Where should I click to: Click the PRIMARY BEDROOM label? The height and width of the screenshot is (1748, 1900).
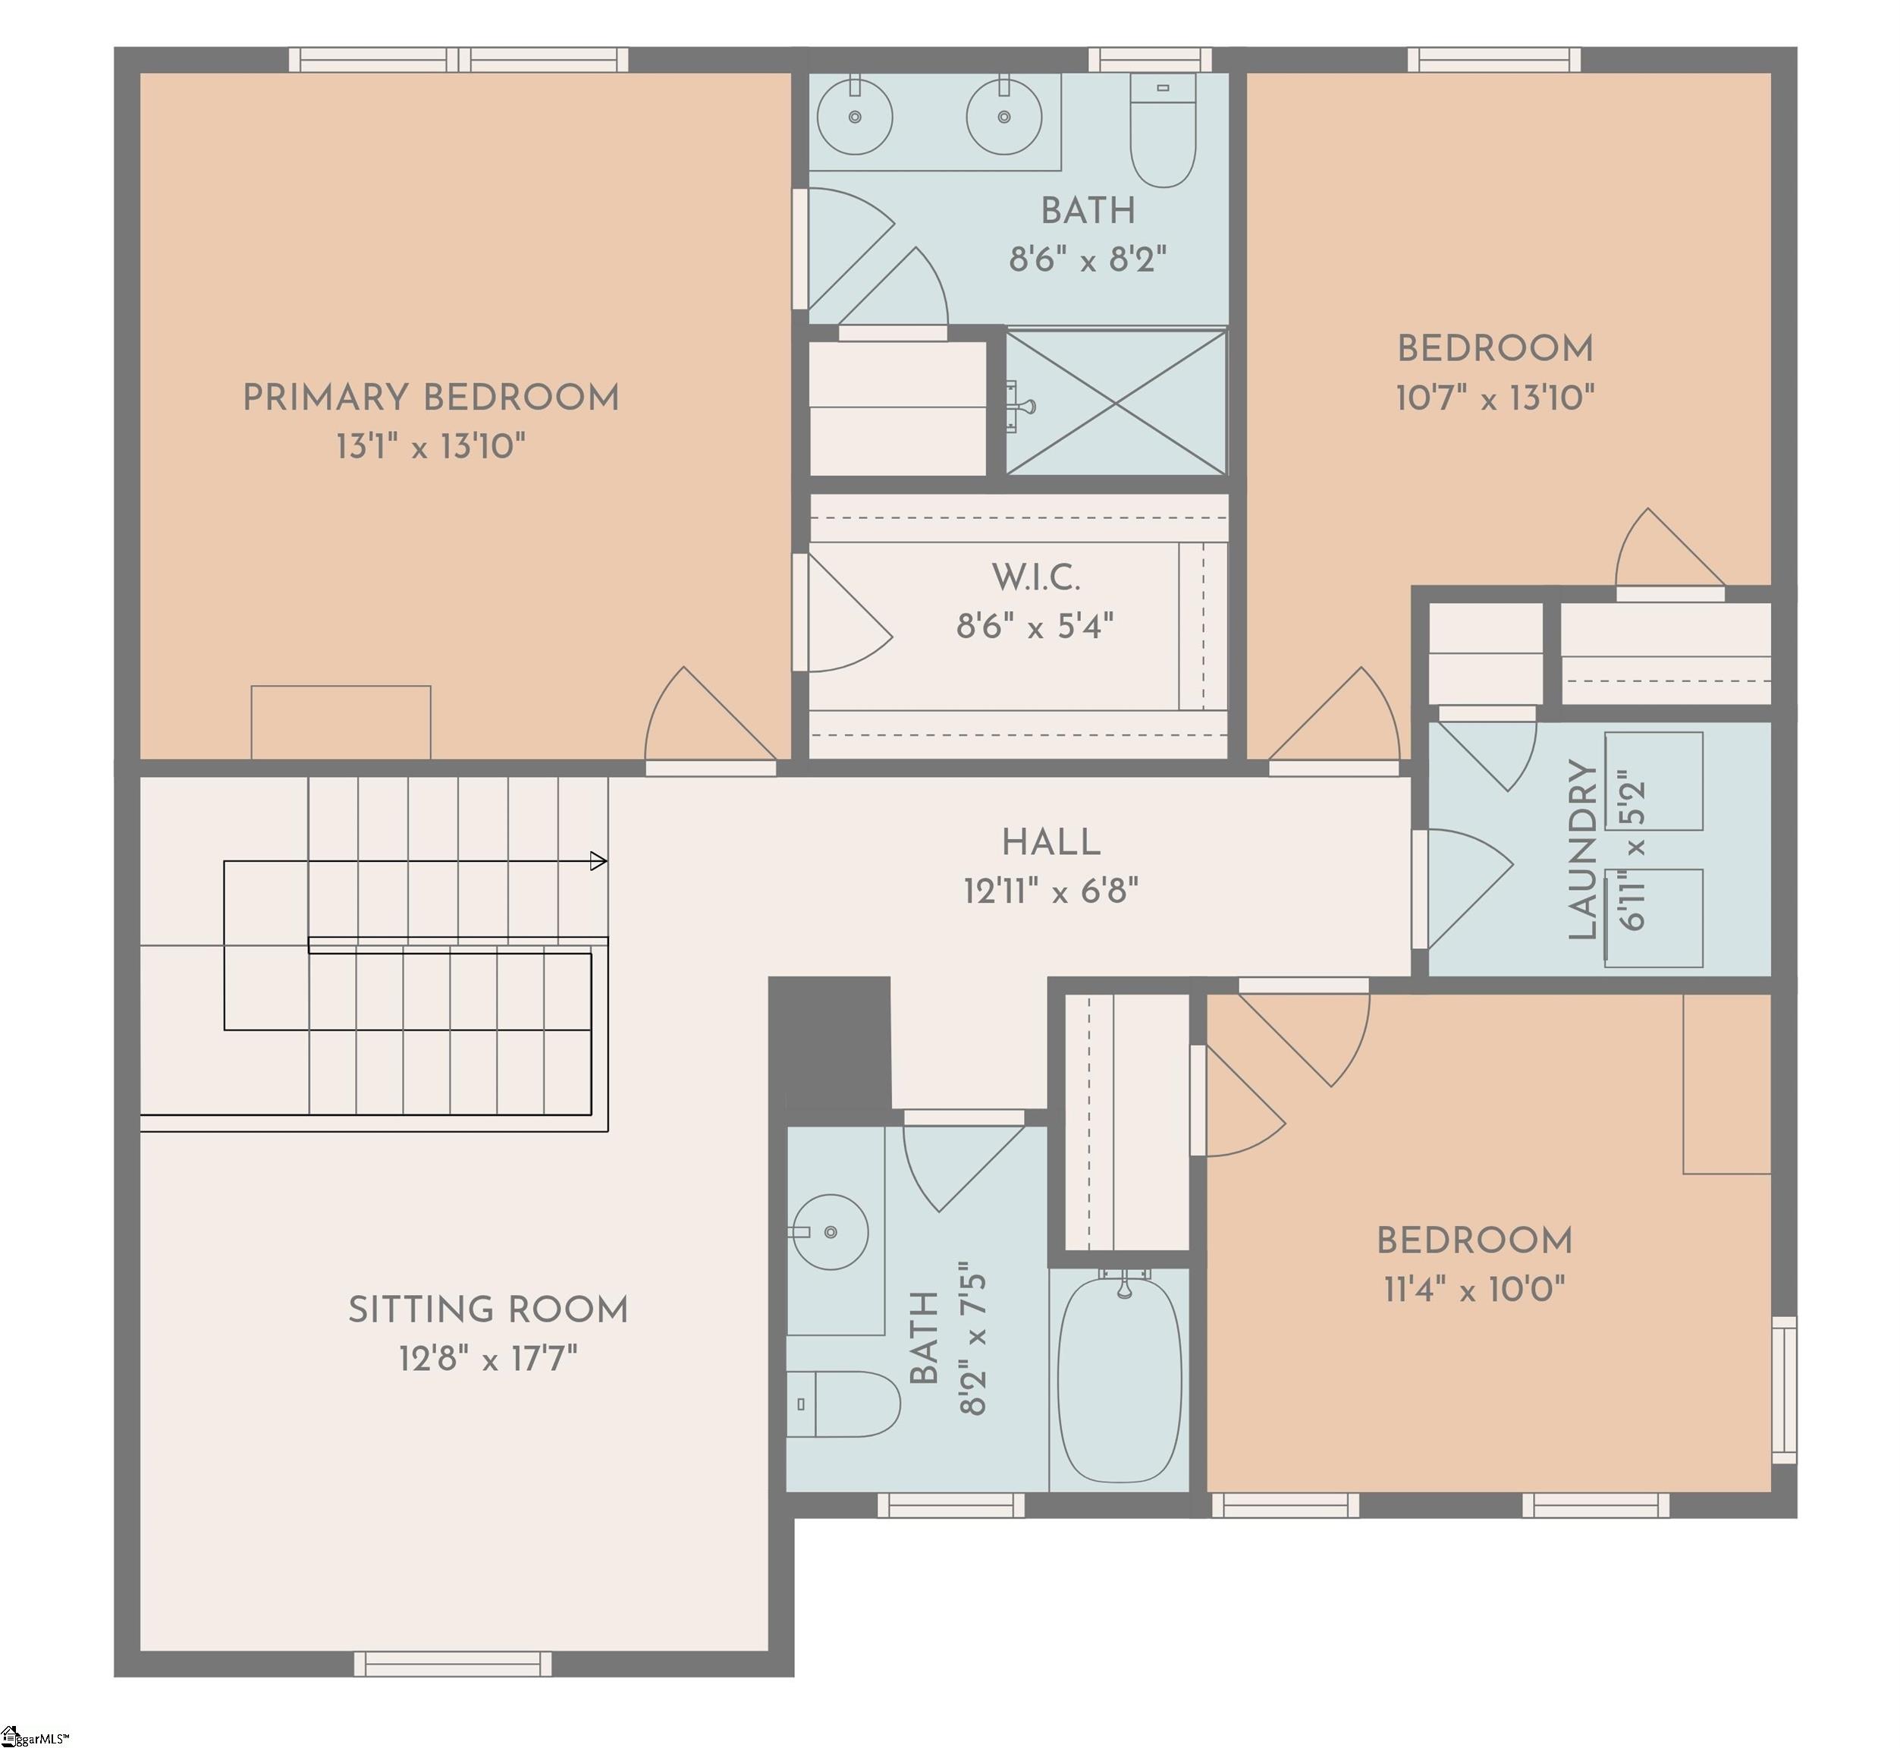[432, 398]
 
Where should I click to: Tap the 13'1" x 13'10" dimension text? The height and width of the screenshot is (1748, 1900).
[432, 446]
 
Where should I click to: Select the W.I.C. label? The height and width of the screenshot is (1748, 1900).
[1035, 577]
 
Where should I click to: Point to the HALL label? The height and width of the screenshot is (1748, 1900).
[1050, 842]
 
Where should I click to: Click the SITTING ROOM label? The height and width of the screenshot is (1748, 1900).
[488, 1310]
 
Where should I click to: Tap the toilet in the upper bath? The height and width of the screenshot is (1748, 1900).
[1164, 130]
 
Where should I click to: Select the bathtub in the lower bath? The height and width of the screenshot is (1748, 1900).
[1120, 1379]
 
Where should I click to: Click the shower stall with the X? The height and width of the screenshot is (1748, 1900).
[1116, 402]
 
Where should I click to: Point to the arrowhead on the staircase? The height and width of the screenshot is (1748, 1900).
[598, 861]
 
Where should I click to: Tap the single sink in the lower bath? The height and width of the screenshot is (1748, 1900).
[830, 1231]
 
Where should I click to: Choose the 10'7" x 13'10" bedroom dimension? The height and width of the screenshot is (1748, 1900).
[1495, 398]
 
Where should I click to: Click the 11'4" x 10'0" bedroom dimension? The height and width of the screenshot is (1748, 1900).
[1474, 1289]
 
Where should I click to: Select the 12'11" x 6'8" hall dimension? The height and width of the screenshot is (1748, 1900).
[1050, 891]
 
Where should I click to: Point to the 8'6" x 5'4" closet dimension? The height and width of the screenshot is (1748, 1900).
[1035, 626]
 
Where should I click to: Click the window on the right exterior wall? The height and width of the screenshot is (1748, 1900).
[1785, 1389]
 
